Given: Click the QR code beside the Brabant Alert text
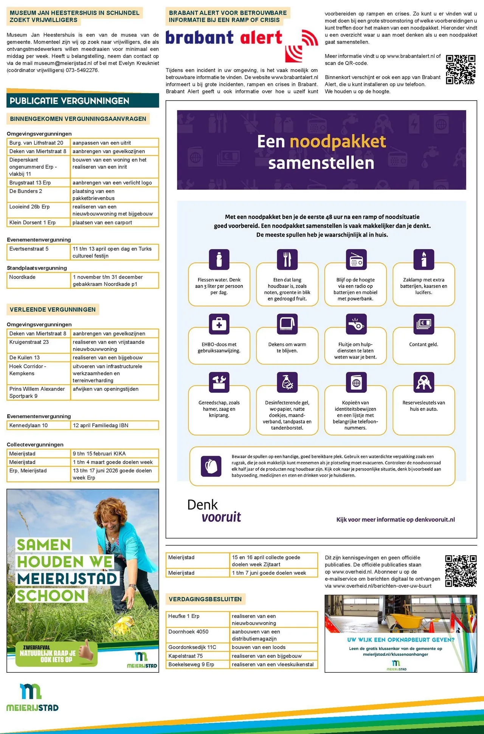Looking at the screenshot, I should click(461, 70).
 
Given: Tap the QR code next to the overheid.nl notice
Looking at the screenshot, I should click(461, 571).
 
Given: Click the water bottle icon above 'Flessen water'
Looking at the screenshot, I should click(219, 259).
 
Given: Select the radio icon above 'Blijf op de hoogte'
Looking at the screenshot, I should click(356, 259).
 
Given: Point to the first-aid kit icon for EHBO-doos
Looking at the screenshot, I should click(219, 324).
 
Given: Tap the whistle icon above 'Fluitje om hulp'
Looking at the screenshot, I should click(356, 324).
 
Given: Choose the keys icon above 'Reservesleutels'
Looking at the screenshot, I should click(423, 382).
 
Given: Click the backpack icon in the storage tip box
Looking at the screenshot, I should click(211, 466).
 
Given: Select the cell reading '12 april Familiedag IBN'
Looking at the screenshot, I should click(114, 425).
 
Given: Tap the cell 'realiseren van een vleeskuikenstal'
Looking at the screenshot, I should click(273, 664).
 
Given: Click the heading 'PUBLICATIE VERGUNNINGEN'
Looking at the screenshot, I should click(70, 101).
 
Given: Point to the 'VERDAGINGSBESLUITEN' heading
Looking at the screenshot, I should click(205, 599).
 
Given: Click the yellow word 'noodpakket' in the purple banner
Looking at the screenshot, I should click(338, 142).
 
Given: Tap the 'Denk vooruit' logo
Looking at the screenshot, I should click(214, 511).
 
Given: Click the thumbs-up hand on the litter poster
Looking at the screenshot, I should click(87, 649).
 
